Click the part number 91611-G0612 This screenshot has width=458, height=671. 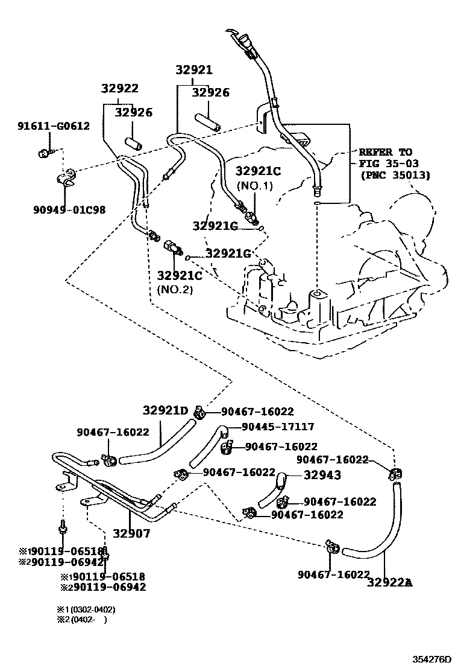53,126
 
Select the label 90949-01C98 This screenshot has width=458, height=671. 69,209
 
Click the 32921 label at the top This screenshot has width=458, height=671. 194,70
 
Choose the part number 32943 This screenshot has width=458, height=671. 322,475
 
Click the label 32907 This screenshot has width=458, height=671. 131,533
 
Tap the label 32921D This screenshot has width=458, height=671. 165,411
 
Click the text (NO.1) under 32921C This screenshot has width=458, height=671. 255,185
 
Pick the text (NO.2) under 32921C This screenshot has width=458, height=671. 176,289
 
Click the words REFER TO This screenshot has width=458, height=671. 386,152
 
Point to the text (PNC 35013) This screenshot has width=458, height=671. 395,176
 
